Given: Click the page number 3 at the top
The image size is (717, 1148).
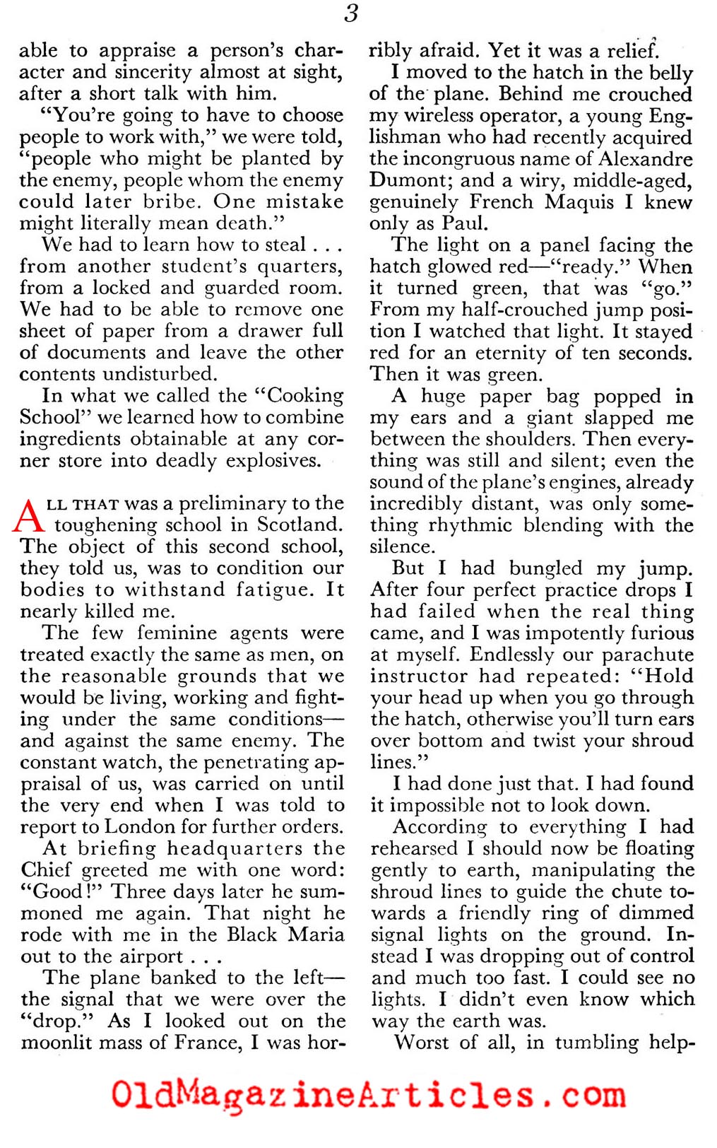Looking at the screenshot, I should [351, 13].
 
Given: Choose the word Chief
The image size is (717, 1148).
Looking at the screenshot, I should [47, 870].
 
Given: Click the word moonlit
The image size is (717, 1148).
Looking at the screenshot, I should [54, 1043].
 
